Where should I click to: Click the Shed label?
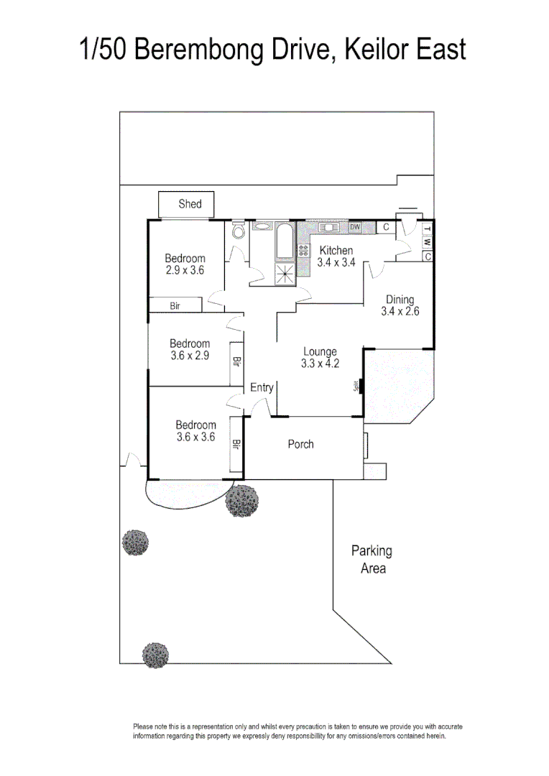coord(190,204)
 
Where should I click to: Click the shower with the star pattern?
coord(285,273)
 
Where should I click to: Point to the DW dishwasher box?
coord(354,228)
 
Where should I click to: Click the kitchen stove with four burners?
coord(303,251)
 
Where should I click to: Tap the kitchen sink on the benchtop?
coord(330,228)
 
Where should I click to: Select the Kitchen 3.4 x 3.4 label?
coord(336,257)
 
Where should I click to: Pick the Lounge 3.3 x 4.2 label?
coord(320,357)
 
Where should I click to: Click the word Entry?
coord(262,388)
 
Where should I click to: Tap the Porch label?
coord(300,444)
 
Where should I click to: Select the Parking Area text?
coord(372,560)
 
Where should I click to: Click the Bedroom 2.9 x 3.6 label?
coord(185,264)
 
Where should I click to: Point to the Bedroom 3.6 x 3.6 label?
coord(195,430)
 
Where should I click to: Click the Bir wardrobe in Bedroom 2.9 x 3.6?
coord(175,306)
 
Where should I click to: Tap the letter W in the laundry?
coord(427,243)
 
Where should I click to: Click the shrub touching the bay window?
coord(241,501)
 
